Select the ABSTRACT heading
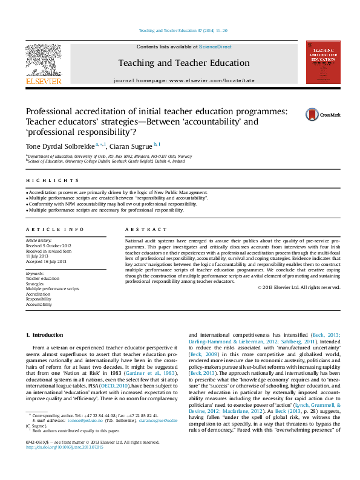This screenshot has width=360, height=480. [x=146, y=230]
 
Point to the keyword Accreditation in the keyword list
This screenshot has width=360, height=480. [x=39, y=294]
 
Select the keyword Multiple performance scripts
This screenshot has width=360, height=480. [x=53, y=289]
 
